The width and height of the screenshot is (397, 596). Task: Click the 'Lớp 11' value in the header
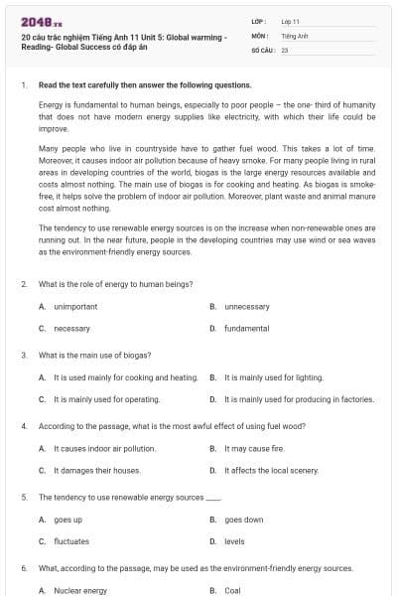[291, 21]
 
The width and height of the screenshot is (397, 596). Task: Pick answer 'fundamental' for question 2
[246, 328]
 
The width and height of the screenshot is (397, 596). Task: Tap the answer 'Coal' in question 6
[233, 590]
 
